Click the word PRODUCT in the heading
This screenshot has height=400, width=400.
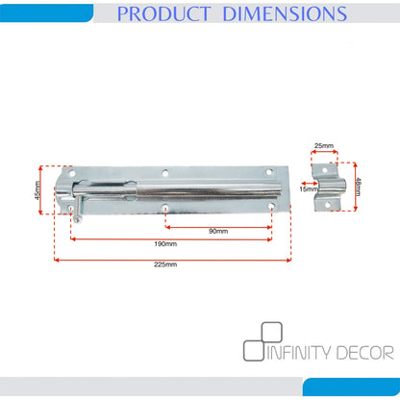pos(162,13)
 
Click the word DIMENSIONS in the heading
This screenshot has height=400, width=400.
pos(285,13)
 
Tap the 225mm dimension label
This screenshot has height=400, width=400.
pos(165,264)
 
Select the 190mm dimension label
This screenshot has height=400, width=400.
pos(165,244)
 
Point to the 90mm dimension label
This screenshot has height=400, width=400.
pos(218,231)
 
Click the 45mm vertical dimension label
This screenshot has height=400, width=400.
pos(37,190)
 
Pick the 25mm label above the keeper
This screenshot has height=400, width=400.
pos(324,146)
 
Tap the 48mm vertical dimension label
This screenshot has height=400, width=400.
pos(358,187)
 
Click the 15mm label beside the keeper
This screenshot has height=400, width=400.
pos(309,189)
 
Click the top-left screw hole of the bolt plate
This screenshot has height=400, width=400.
pos(72,173)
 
